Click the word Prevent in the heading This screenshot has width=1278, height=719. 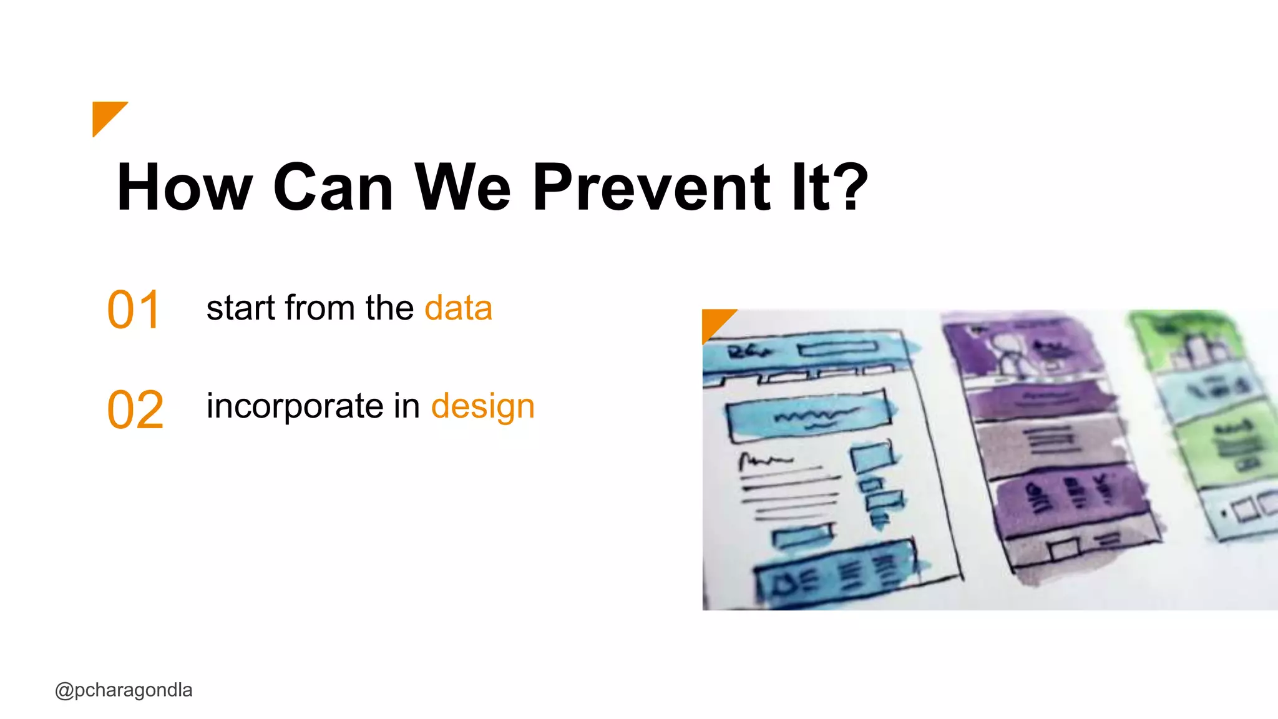tap(652, 187)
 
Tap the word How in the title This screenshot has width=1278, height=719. tap(185, 187)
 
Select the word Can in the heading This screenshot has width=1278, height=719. tap(333, 187)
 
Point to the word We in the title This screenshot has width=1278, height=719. tap(463, 187)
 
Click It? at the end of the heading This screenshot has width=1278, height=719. tap(829, 187)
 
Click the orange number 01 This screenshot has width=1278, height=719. tap(134, 310)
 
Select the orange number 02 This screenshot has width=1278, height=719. tap(135, 410)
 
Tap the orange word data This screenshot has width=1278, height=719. tap(458, 308)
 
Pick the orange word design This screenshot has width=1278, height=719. tap(482, 407)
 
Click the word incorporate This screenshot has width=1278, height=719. tap(295, 407)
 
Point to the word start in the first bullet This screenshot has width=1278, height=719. tap(241, 308)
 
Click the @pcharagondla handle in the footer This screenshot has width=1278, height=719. tap(124, 690)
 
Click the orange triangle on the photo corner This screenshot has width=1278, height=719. tap(715, 321)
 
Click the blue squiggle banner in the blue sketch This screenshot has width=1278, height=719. tap(811, 415)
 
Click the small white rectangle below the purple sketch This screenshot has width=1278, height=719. tap(1064, 549)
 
